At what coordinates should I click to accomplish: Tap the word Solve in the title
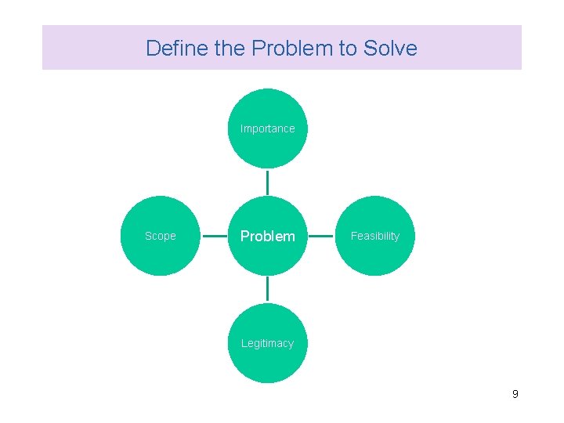[x=390, y=49]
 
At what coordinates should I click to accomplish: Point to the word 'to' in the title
[x=347, y=49]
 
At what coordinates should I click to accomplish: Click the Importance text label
[x=268, y=128]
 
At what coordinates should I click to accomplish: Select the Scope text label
[x=161, y=236]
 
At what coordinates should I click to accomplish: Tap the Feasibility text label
[x=374, y=236]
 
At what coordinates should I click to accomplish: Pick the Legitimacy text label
[x=268, y=343]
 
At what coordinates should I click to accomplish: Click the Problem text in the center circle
[x=268, y=236]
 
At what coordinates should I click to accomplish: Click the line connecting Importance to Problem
[x=268, y=182]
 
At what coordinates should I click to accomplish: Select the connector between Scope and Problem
[x=214, y=236]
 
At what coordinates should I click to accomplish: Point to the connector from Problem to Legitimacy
[x=268, y=289]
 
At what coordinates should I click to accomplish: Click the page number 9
[x=515, y=394]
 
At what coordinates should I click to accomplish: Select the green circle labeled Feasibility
[x=374, y=255]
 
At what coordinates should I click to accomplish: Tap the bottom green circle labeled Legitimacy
[x=268, y=362]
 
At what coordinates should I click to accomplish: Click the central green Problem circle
[x=268, y=255]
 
